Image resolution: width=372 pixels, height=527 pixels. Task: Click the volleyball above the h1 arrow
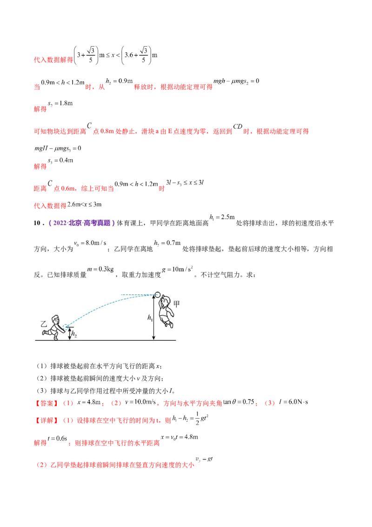coord(157,294)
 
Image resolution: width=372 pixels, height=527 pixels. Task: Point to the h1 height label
coord(150,318)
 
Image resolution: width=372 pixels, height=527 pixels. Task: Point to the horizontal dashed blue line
coord(137,294)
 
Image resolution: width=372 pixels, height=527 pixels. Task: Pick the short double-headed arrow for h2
coord(70,333)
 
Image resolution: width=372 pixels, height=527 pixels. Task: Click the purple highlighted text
coord(82,223)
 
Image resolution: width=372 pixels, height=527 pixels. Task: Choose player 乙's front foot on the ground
coord(56,338)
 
